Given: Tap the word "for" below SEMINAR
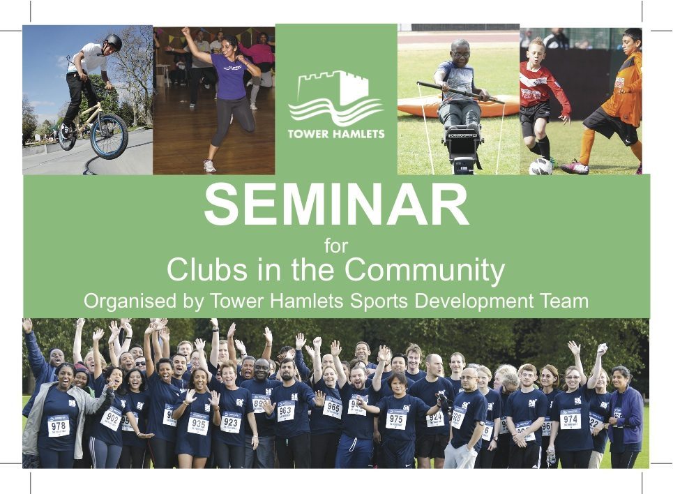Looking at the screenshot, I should (336, 246).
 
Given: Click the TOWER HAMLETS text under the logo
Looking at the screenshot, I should (336, 133).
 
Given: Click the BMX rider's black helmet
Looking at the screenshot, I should (113, 43).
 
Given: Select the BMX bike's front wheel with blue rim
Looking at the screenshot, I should (109, 136).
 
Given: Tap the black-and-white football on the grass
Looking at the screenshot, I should (540, 167).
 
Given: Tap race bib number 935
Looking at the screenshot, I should (198, 423).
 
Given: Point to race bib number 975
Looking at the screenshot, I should (396, 419).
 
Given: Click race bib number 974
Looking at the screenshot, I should (570, 419).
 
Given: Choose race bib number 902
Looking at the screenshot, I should (111, 418).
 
